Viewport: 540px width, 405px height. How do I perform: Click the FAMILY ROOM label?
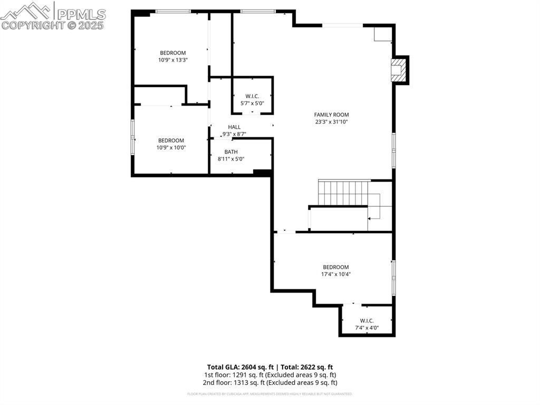331,115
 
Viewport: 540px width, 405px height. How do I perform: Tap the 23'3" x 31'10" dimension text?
331,122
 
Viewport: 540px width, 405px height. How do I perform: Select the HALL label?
234,127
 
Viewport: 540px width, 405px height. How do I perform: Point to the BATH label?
231,152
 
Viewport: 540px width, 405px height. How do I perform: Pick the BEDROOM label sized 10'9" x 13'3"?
173,53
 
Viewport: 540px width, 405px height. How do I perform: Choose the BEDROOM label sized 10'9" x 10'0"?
171,140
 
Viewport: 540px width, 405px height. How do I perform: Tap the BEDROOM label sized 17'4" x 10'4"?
336,267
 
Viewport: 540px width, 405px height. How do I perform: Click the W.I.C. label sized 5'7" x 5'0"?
252,96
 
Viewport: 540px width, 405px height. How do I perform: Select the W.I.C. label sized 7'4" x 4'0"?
367,321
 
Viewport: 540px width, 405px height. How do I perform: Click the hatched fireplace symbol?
399,70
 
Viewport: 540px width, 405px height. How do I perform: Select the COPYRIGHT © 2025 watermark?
53,25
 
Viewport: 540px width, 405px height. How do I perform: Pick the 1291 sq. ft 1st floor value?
248,375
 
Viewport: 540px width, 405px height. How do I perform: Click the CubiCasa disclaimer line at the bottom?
269,394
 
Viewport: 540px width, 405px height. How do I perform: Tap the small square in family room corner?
382,34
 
